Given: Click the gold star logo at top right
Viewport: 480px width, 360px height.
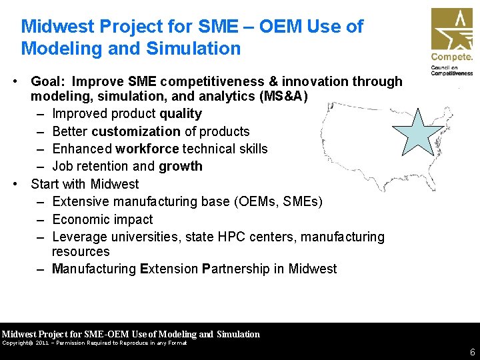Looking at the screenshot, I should [x=451, y=29].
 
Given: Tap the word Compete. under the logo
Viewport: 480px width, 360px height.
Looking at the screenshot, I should [x=451, y=57].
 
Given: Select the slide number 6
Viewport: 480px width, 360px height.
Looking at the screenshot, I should [x=472, y=352].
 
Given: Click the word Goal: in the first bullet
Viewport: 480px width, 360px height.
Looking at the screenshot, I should [x=49, y=81].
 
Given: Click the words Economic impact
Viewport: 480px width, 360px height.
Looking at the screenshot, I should [x=102, y=219].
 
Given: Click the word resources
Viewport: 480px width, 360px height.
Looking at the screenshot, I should [x=81, y=251].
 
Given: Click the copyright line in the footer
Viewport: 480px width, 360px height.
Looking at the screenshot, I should [x=94, y=343].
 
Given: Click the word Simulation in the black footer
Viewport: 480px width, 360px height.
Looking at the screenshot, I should [x=238, y=334].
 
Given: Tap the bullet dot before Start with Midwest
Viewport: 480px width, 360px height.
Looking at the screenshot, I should [x=14, y=184].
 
